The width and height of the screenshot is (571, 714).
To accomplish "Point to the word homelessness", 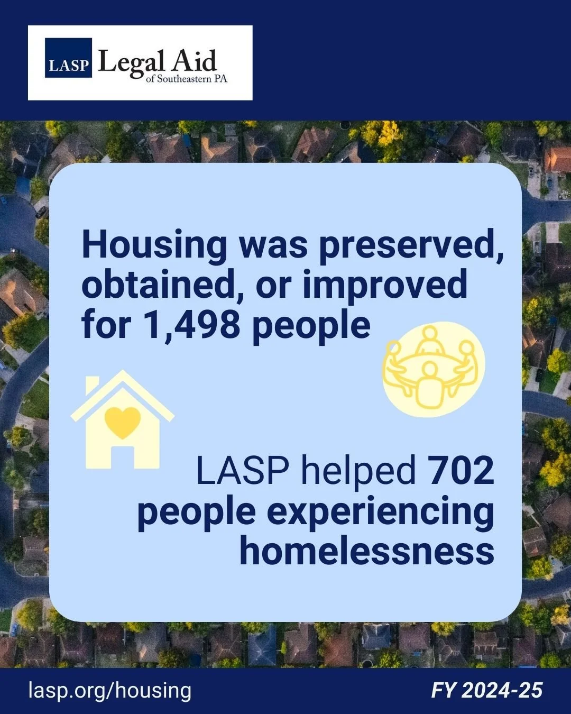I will pyautogui.click(x=367, y=551).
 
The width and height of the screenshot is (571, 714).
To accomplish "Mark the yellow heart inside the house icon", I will pyautogui.click(x=123, y=422).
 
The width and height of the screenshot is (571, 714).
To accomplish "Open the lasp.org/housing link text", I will pyautogui.click(x=110, y=690).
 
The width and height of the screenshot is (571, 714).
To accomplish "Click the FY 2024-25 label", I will pyautogui.click(x=487, y=690).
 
